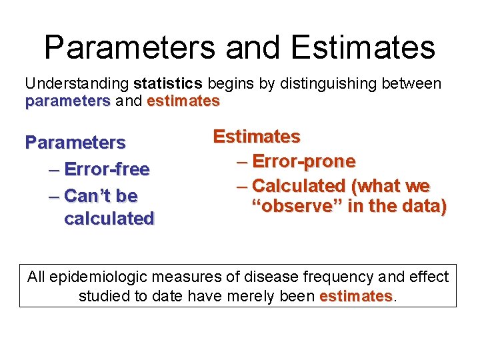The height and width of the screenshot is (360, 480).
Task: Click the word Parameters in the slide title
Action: [129, 48]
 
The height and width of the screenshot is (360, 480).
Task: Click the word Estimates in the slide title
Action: [363, 48]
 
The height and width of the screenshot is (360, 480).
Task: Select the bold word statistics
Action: [167, 84]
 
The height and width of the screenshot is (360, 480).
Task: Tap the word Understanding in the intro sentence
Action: [77, 84]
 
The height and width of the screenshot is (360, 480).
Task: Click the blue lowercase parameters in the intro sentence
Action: [67, 101]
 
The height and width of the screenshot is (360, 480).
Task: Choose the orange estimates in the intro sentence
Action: [183, 101]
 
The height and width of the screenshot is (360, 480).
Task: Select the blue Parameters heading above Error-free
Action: [75, 143]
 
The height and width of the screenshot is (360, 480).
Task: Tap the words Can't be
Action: [101, 196]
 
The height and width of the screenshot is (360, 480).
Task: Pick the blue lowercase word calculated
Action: [109, 219]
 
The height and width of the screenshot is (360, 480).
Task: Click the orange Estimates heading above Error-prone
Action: [256, 137]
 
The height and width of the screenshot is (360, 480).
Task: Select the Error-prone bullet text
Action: [303, 161]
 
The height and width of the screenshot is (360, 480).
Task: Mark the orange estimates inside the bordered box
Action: [356, 296]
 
